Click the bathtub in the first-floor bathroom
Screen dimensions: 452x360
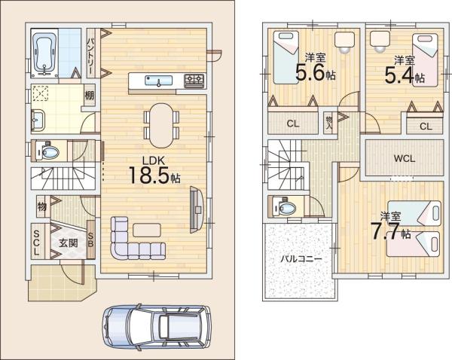[44, 53]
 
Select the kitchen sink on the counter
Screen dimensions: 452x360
[158, 81]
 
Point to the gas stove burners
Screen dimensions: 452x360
[194, 81]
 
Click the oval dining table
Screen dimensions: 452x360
[161, 125]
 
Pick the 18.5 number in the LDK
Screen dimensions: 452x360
[148, 175]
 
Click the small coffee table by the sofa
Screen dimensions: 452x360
[146, 230]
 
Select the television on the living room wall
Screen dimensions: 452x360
[197, 210]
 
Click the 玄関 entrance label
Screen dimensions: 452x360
[69, 243]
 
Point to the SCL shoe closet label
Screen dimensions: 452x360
[37, 243]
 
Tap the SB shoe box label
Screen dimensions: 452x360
[90, 239]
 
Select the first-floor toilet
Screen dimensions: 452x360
[48, 151]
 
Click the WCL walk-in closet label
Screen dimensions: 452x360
[405, 158]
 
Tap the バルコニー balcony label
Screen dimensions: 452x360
[301, 258]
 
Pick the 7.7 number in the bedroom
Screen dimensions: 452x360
[384, 231]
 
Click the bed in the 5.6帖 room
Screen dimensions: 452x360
[286, 58]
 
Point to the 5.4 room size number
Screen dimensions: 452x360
[399, 75]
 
